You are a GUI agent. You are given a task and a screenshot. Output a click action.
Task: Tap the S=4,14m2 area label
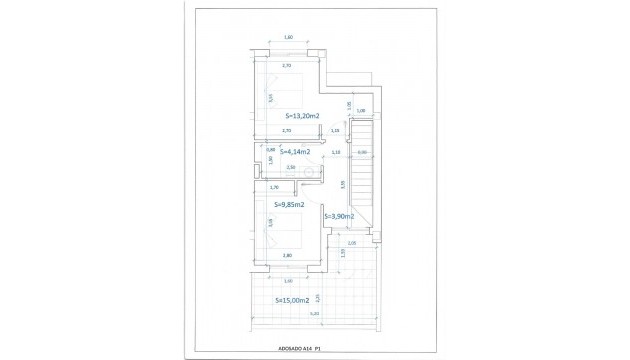coord(292,152)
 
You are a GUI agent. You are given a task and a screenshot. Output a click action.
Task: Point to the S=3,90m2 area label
coord(339,216)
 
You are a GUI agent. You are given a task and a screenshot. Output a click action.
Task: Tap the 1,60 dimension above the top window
coord(288,37)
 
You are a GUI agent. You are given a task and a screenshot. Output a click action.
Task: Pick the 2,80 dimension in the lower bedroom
coord(288,257)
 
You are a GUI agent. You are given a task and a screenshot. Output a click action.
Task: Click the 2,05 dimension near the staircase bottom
coord(351,243)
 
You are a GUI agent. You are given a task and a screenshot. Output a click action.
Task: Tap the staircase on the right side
coord(362,170)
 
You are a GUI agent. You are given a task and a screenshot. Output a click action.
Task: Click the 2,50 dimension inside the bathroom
coord(291,167)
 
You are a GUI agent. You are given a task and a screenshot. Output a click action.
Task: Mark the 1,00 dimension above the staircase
coord(361,110)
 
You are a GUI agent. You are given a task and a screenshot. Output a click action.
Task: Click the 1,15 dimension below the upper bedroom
coord(335,131)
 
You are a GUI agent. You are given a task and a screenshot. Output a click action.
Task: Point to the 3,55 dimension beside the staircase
coord(343,184)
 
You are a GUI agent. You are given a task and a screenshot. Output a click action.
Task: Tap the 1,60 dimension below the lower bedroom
coord(288,281)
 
